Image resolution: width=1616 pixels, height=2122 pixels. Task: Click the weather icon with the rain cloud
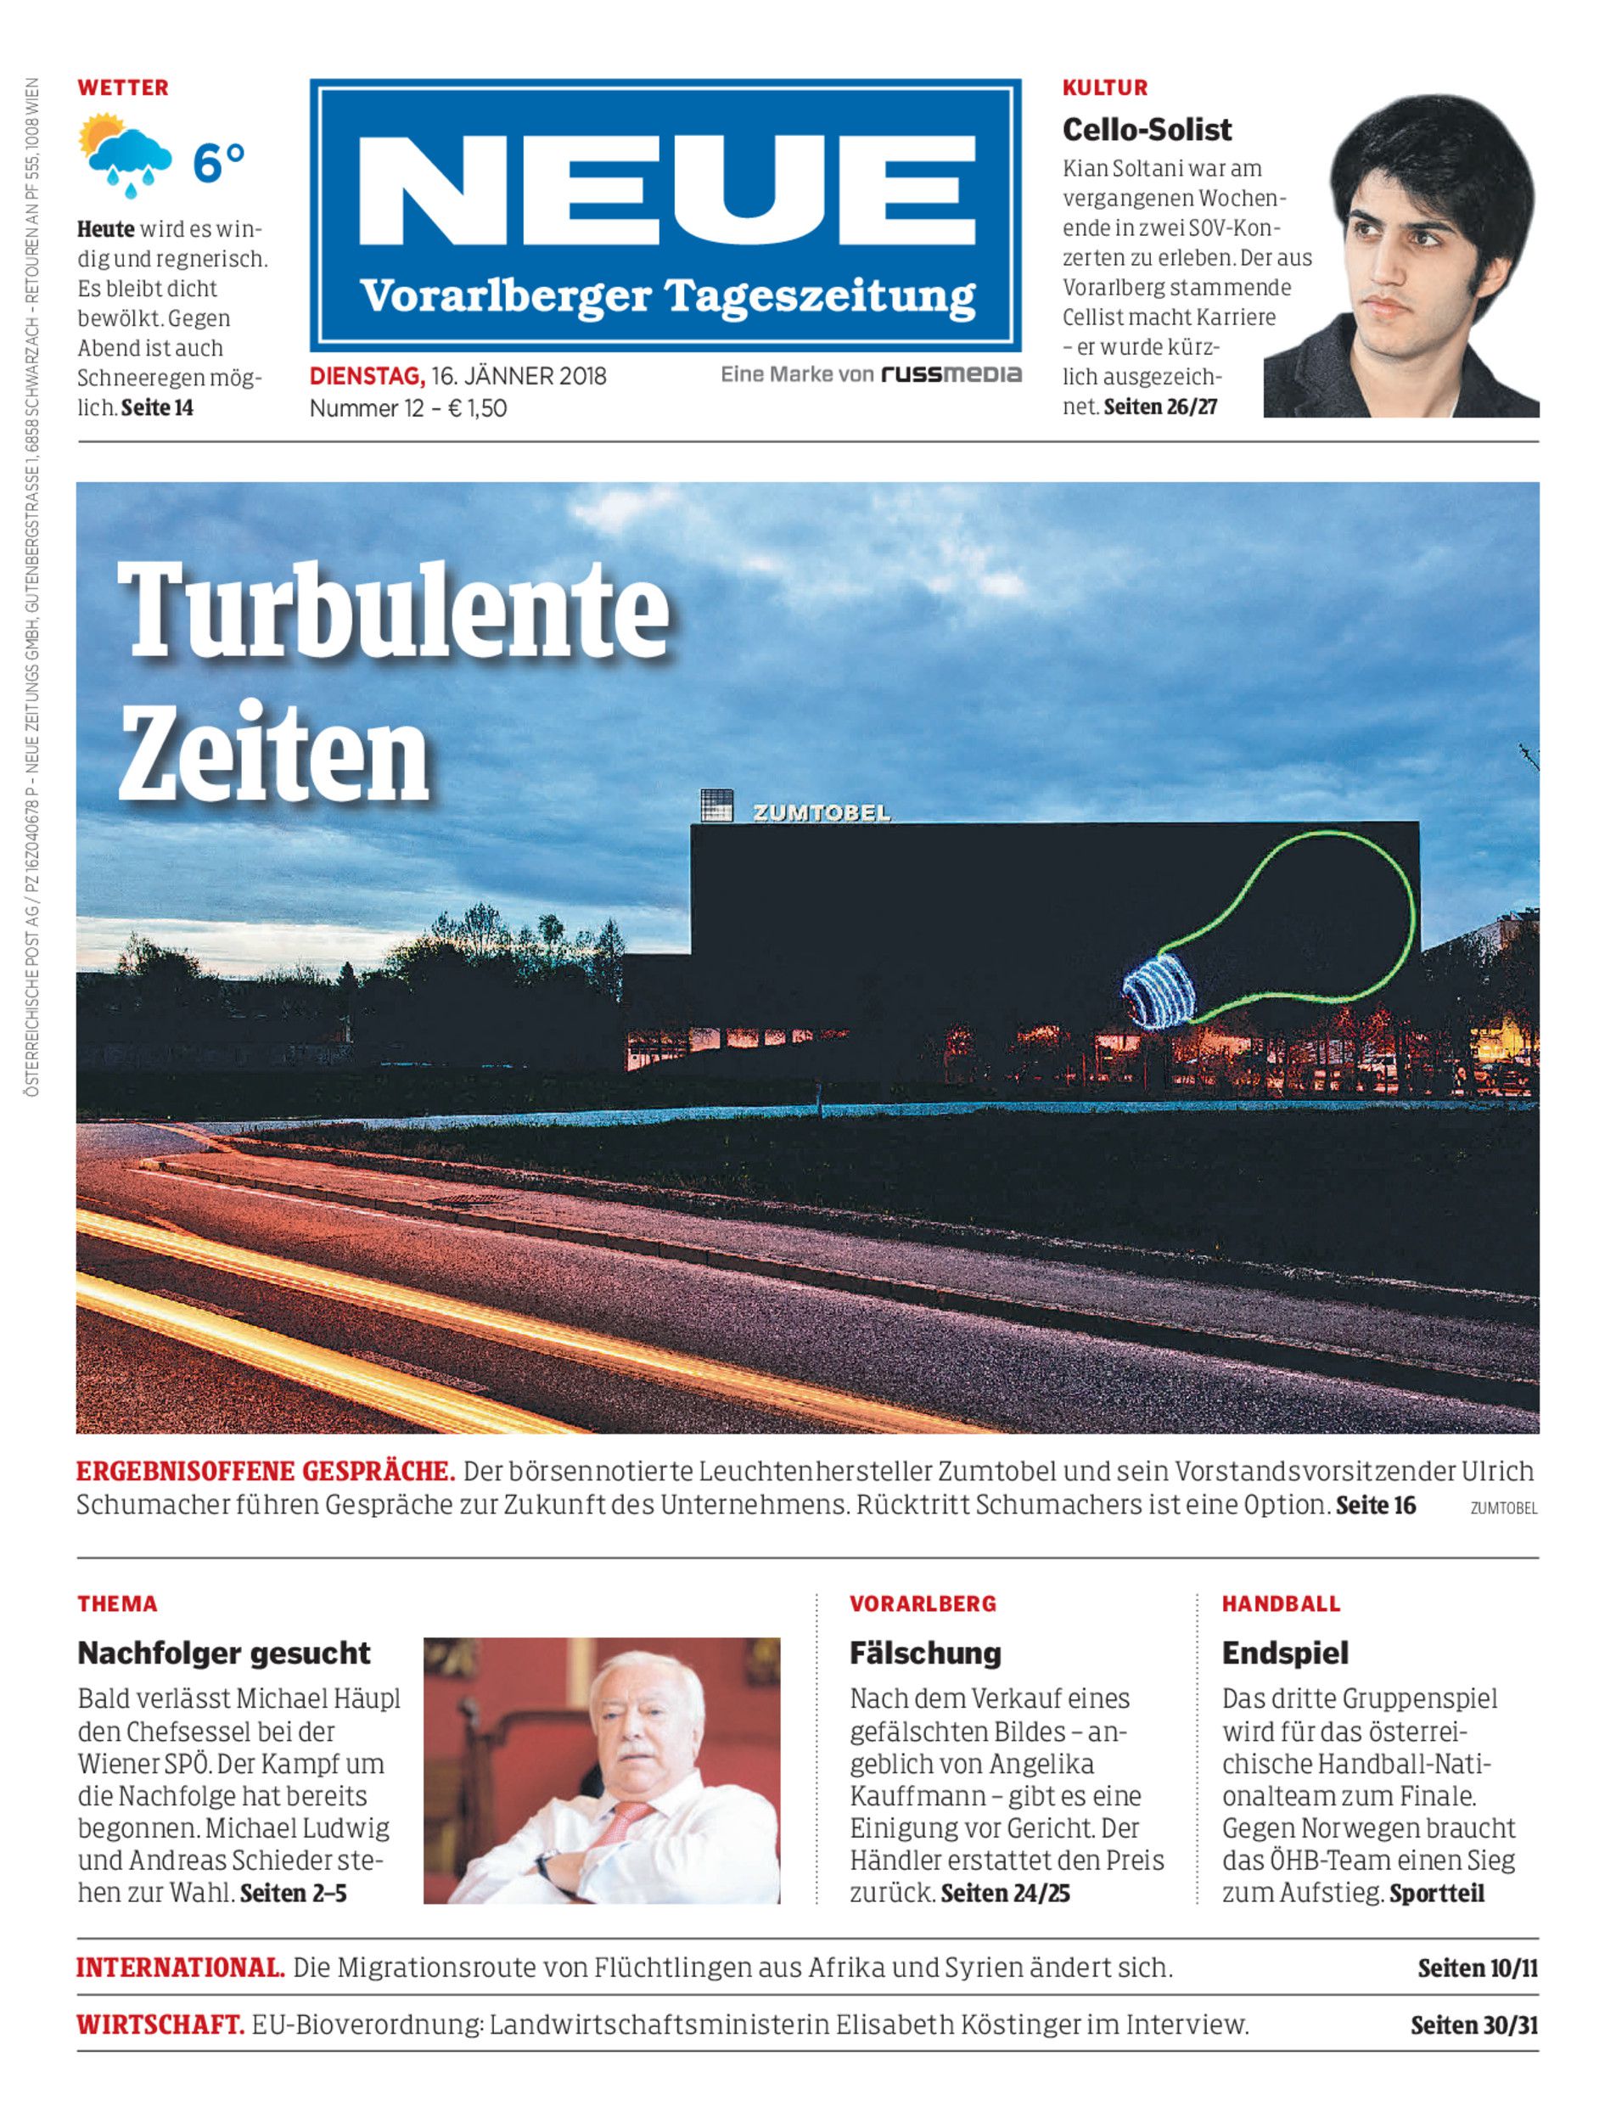click(126, 154)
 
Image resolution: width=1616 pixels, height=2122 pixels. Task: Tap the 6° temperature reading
click(219, 163)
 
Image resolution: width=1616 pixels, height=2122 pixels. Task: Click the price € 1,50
click(477, 408)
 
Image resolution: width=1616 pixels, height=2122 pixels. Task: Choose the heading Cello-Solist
click(1147, 129)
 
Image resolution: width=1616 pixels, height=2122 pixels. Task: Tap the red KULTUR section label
click(1104, 87)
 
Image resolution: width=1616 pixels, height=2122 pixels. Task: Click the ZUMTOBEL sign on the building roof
click(822, 813)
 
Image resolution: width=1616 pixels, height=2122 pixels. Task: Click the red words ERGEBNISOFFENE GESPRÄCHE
click(266, 1471)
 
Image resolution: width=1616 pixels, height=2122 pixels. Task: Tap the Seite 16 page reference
click(1376, 1506)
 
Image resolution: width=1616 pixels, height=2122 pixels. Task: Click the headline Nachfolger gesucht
click(223, 1653)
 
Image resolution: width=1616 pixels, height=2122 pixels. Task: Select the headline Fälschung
click(924, 1653)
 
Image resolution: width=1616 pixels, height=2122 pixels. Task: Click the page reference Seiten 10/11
click(1477, 1968)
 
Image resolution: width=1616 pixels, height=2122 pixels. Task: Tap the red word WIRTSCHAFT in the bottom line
click(160, 2025)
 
